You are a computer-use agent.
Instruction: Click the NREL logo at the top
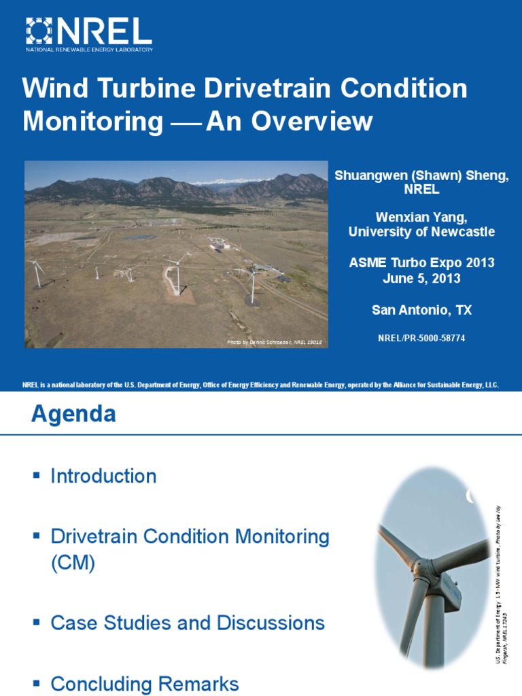(88, 34)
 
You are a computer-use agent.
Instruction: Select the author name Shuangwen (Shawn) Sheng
(421, 176)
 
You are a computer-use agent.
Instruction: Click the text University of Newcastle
(421, 232)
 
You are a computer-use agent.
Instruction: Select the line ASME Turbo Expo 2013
(421, 263)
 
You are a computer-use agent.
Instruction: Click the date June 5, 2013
(421, 278)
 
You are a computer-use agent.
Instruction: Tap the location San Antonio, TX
(421, 310)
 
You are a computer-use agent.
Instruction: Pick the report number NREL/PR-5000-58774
(421, 338)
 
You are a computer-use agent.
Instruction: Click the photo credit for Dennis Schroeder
(275, 343)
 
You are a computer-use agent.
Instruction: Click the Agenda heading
(73, 414)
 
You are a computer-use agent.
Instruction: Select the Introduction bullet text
(103, 476)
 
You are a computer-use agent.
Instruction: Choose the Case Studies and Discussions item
(188, 623)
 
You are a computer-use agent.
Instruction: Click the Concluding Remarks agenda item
(145, 683)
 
